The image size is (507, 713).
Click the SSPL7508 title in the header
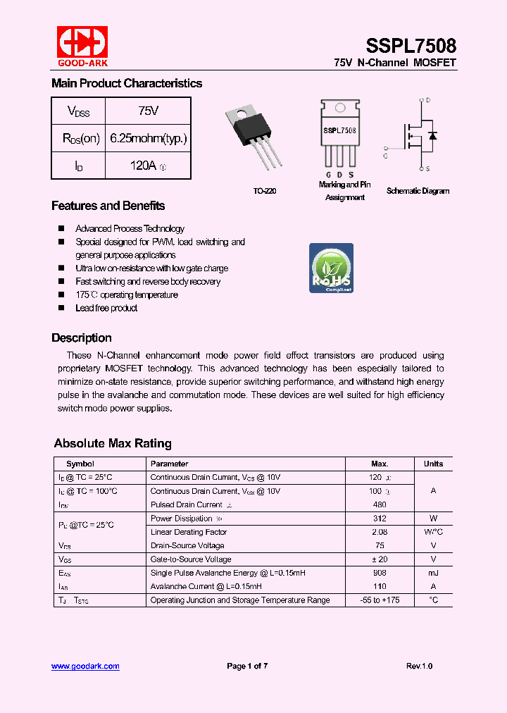(411, 46)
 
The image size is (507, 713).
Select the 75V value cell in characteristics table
(148, 111)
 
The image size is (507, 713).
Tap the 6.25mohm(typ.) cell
(148, 139)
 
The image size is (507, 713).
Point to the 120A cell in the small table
(148, 166)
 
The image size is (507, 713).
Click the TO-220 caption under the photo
(265, 191)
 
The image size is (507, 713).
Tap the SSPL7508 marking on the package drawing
(339, 130)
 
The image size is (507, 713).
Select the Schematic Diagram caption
(418, 191)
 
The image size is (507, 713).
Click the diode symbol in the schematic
(432, 135)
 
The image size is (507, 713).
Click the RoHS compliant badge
(331, 268)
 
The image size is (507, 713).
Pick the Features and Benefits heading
(108, 206)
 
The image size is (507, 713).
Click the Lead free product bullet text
(106, 308)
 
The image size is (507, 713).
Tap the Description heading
(81, 337)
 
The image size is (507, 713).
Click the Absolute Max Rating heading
(113, 443)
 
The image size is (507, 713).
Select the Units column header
(433, 464)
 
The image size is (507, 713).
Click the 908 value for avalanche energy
(380, 573)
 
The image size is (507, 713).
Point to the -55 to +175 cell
(380, 600)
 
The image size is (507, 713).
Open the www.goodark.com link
(85, 666)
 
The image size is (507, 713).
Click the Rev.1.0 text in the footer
(419, 666)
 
